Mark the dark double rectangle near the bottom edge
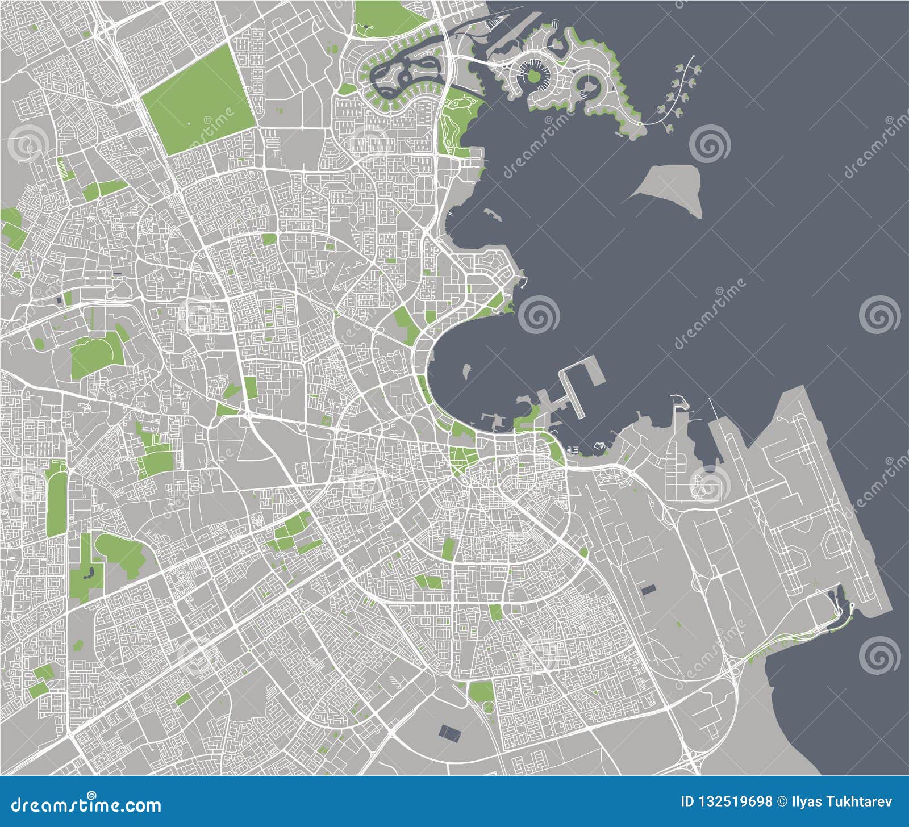coord(451,732)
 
